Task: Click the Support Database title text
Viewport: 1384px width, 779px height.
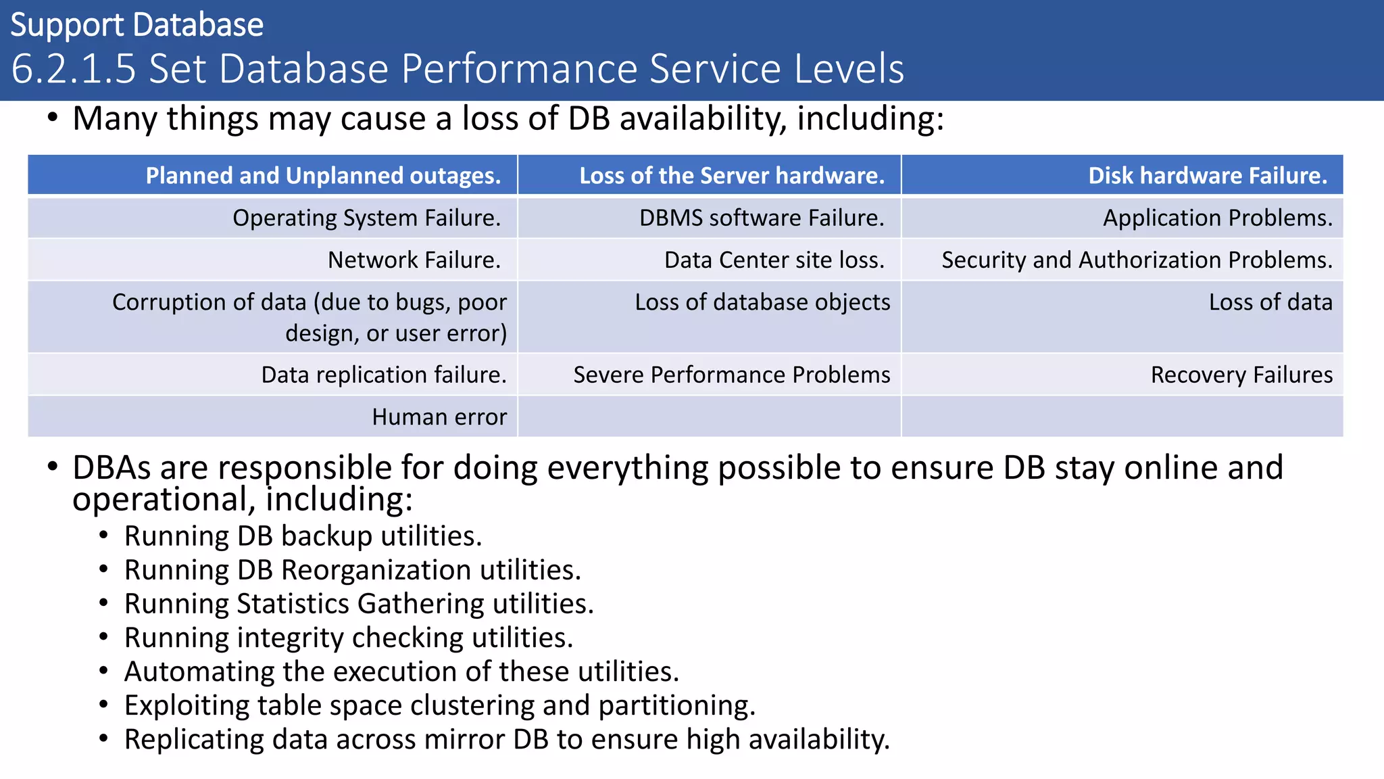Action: (137, 26)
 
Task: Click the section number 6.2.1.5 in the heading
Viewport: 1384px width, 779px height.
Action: (74, 69)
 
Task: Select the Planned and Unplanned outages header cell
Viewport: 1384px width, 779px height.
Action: (323, 176)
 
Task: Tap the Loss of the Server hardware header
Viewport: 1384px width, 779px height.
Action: (732, 176)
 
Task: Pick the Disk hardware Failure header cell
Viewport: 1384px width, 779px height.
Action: (1207, 176)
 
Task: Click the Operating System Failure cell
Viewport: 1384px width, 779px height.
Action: (366, 218)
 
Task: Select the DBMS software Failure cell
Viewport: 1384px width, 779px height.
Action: (762, 218)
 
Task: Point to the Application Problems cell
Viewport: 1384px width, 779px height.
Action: (1217, 218)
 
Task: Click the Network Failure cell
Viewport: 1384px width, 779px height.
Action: (414, 260)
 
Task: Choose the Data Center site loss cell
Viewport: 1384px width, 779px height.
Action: (774, 260)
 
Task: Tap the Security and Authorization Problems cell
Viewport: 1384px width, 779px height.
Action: (1137, 260)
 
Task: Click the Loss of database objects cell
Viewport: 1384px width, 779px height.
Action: (762, 302)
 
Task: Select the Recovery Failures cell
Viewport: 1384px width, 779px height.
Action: (1241, 375)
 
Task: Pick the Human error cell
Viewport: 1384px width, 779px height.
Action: (439, 417)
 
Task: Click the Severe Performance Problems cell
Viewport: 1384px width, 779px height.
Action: (732, 375)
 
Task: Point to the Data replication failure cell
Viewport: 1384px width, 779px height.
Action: (384, 375)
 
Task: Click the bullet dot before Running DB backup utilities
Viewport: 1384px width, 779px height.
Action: (103, 536)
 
